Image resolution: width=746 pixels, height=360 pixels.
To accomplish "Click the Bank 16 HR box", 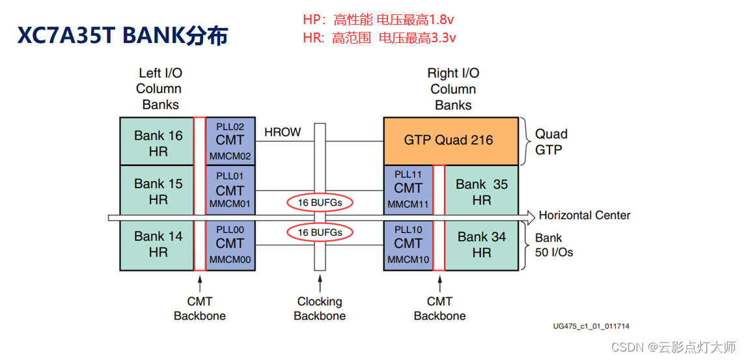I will [158, 143].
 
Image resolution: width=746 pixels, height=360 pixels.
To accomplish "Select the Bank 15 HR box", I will [158, 191].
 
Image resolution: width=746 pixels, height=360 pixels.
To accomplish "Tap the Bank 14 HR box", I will [158, 244].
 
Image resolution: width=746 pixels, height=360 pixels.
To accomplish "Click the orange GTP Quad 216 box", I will [449, 140].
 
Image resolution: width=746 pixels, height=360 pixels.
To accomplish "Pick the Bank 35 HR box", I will [482, 192].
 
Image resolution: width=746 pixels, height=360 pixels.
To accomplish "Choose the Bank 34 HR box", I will [482, 244].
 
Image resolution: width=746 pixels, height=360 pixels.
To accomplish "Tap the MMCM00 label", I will [230, 259].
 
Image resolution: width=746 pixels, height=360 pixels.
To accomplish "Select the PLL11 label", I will [408, 174].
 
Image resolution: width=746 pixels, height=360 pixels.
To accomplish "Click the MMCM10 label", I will [408, 259].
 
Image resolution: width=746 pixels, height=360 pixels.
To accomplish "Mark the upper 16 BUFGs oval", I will [320, 202].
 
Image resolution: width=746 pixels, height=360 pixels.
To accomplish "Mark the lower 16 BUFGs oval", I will [320, 232].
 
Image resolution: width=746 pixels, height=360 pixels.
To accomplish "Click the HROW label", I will [283, 132].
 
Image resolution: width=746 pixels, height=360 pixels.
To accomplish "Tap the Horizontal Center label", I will [584, 215].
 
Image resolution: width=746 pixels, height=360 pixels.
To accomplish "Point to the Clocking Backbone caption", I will [320, 309].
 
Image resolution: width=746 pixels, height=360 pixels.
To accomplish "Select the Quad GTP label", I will [551, 141].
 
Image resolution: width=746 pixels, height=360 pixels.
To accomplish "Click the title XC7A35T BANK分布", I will [122, 36].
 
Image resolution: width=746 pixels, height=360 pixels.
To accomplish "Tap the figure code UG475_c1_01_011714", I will [590, 326].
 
